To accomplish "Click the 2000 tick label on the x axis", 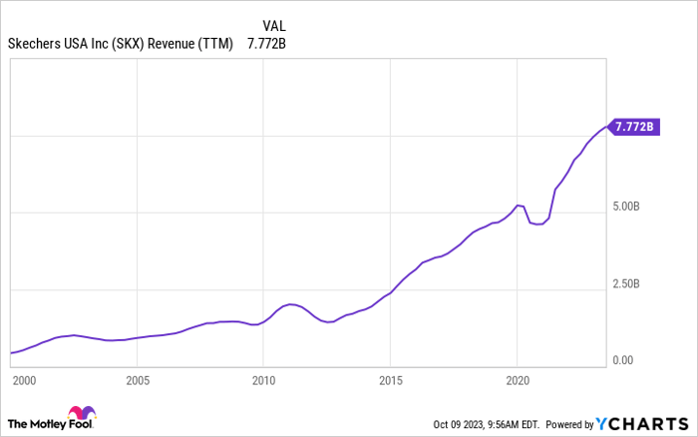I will [23, 380].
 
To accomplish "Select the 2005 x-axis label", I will [137, 380].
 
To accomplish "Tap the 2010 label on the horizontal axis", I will [263, 380].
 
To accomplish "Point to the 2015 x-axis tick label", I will [390, 380].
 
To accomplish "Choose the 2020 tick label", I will [518, 380].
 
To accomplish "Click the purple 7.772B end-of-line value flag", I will [634, 127].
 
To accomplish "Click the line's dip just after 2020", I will [538, 224].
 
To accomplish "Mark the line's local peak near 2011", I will [290, 304].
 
